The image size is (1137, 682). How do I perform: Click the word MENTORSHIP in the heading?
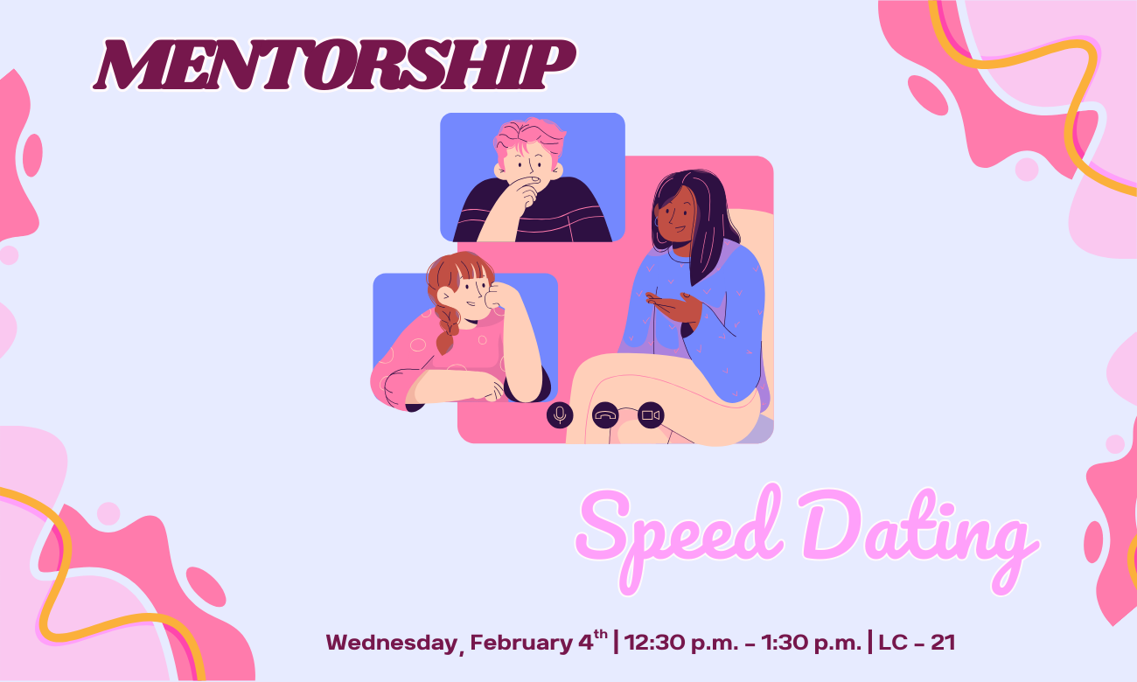334,65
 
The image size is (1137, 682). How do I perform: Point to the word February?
520,644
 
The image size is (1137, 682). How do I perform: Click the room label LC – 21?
917,644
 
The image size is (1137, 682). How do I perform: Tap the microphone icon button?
560,414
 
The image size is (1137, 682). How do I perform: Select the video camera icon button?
650,414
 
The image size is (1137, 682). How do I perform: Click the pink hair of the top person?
527,137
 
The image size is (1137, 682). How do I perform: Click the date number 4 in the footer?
585,644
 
